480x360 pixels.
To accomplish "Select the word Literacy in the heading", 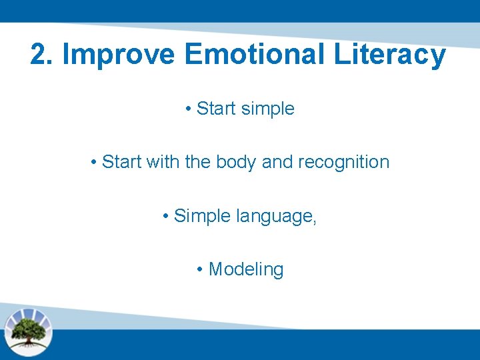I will pyautogui.click(x=390, y=55).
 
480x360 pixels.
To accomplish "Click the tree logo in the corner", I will pyautogui.click(x=28, y=331).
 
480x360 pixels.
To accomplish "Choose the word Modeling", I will pyautogui.click(x=246, y=270).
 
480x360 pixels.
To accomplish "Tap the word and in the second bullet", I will pyautogui.click(x=277, y=162).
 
